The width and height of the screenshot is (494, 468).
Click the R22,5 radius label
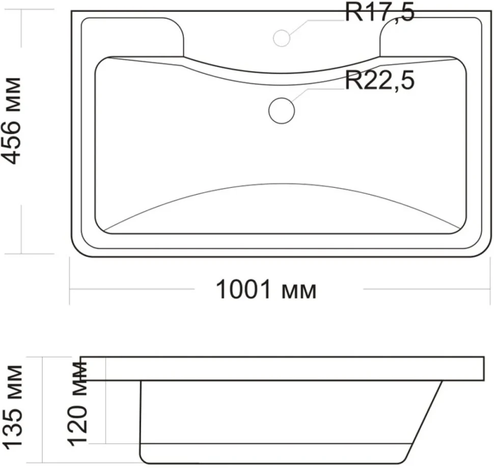coord(379,81)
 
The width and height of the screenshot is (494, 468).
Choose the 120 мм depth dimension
coord(77,404)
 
